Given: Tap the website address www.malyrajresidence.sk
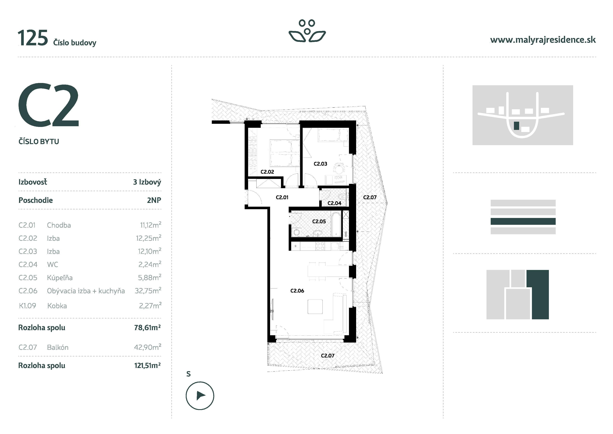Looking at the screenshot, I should [x=543, y=40].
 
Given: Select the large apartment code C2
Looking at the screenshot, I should [x=49, y=105].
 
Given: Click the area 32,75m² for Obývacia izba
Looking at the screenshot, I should [x=148, y=291].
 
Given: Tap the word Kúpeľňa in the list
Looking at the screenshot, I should [x=60, y=278].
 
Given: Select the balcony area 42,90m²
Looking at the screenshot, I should [x=147, y=347].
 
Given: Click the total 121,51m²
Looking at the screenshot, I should [x=147, y=366].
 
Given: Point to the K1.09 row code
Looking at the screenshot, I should [x=27, y=306].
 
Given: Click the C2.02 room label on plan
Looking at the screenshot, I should [x=267, y=172].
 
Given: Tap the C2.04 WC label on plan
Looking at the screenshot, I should [x=334, y=203].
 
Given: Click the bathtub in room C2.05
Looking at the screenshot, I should [x=336, y=224].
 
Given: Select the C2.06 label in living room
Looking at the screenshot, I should [x=297, y=291].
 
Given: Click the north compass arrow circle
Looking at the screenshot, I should [x=200, y=395].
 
